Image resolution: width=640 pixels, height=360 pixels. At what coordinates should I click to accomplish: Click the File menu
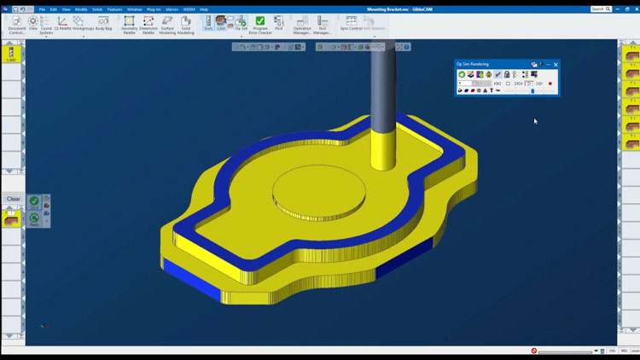42,9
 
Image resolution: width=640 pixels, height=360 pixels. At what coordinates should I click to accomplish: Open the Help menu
204,9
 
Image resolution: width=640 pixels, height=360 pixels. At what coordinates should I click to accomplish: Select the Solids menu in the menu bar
97,9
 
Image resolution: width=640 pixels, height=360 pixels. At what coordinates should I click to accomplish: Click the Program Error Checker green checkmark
259,20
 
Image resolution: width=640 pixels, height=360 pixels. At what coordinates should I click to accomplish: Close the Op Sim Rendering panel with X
556,65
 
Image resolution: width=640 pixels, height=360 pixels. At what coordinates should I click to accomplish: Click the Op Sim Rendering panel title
474,65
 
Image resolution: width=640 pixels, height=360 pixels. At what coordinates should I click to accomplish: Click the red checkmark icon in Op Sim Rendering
497,74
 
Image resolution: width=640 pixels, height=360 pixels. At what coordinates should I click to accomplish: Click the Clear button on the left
13,199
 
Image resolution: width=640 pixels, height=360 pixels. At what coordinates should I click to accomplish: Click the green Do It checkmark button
34,201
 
